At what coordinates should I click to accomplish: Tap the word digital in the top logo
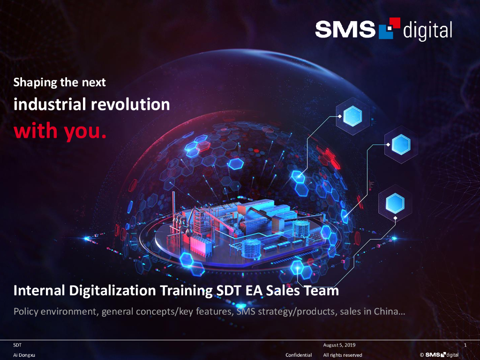point(427,30)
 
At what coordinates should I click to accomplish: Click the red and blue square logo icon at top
point(389,27)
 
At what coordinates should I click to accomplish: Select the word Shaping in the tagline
point(34,83)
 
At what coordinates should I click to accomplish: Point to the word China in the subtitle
point(388,311)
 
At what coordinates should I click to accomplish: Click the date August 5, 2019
point(339,345)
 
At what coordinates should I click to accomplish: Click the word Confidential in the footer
point(299,355)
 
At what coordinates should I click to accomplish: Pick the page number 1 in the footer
point(465,345)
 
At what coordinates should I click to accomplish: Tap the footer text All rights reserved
point(343,355)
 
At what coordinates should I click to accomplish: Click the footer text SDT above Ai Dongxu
point(17,345)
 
